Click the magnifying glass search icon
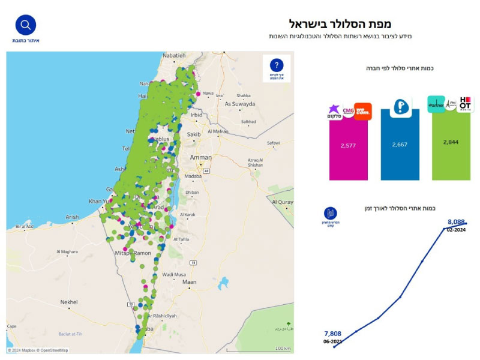[x=26, y=25]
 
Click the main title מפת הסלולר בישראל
[x=340, y=24]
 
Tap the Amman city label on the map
[x=200, y=157]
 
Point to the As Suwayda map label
[x=239, y=103]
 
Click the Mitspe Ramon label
[x=133, y=254]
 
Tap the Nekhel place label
[x=70, y=302]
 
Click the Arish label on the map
[x=72, y=217]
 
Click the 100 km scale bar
[x=257, y=349]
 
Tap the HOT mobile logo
[x=465, y=103]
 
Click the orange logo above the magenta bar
[x=362, y=111]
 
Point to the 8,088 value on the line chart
[x=457, y=221]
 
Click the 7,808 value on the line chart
[x=333, y=334]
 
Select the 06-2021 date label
[x=333, y=341]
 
